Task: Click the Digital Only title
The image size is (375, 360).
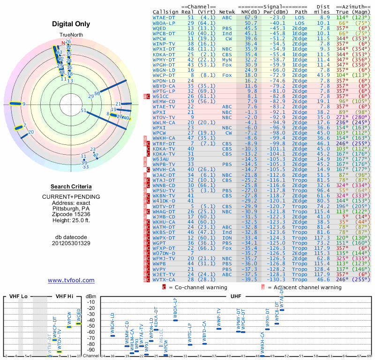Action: point(70,24)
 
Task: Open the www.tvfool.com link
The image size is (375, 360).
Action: point(71,280)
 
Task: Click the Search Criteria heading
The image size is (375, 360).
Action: point(71,187)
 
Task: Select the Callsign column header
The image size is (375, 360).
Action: point(165,11)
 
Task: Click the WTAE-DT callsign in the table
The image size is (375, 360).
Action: point(164,17)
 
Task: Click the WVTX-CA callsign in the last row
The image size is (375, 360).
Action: point(164,279)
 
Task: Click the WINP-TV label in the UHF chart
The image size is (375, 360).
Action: point(219,317)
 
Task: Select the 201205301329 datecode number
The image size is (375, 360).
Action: point(71,243)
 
